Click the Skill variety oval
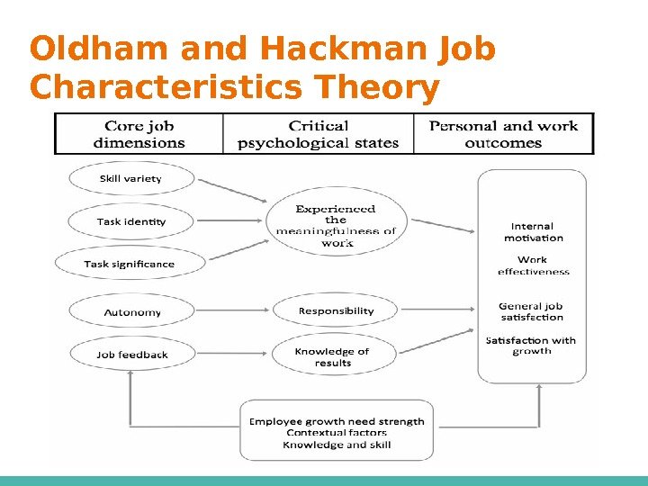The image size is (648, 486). tap(130, 178)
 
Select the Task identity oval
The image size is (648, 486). tap(131, 220)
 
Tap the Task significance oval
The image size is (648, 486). tap(129, 264)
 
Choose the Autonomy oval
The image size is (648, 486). tap(131, 312)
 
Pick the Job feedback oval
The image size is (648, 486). tap(132, 355)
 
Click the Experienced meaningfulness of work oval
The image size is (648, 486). tap(336, 225)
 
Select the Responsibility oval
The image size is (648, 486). tap(336, 310)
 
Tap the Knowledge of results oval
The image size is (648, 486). tap(332, 356)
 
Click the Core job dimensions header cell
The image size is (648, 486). tap(139, 134)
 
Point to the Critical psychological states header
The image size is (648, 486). tap(318, 134)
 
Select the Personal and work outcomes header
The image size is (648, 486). tap(503, 134)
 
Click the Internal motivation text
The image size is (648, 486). tap(533, 232)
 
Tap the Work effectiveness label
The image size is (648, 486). tap(533, 265)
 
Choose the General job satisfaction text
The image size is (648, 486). tap(531, 311)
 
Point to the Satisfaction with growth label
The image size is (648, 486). tap(531, 346)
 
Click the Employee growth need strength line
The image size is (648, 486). tap(337, 421)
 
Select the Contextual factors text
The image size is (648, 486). tap(337, 433)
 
